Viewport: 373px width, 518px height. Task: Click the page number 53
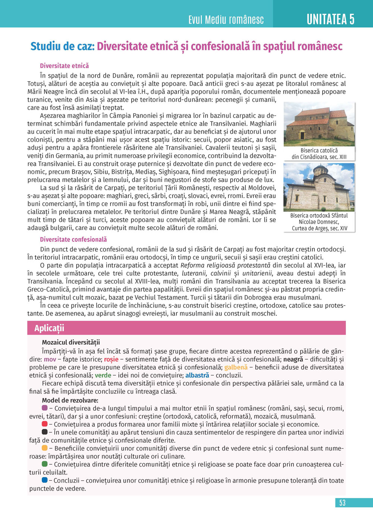click(x=342, y=503)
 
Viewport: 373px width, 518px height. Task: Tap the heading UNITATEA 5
click(x=330, y=19)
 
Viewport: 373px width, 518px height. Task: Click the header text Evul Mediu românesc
click(x=226, y=20)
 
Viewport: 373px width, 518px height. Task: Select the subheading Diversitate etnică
click(x=65, y=66)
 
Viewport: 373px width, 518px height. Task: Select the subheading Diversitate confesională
click(x=73, y=240)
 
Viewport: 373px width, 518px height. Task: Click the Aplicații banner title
click(x=49, y=328)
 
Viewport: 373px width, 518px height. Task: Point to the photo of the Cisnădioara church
click(x=319, y=124)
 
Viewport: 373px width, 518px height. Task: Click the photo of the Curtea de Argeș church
click(x=319, y=187)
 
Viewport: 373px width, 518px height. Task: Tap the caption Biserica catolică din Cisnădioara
click(x=319, y=154)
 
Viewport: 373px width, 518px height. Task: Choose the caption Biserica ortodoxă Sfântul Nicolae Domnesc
click(x=319, y=222)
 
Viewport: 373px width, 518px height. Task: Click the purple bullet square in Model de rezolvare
click(x=45, y=408)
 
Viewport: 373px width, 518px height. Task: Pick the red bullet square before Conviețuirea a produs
click(x=45, y=424)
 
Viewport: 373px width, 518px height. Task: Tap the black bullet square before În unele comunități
click(x=45, y=432)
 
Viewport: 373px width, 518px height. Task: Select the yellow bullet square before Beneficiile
click(x=45, y=448)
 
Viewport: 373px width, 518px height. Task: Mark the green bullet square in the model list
click(x=45, y=464)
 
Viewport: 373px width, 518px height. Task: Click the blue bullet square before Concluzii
click(x=45, y=480)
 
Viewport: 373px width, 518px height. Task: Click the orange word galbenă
click(x=236, y=367)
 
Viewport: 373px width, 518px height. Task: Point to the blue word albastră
click(x=197, y=375)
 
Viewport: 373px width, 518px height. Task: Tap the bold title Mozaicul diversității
click(x=71, y=342)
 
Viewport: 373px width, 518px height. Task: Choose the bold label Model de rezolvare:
click(x=70, y=401)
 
